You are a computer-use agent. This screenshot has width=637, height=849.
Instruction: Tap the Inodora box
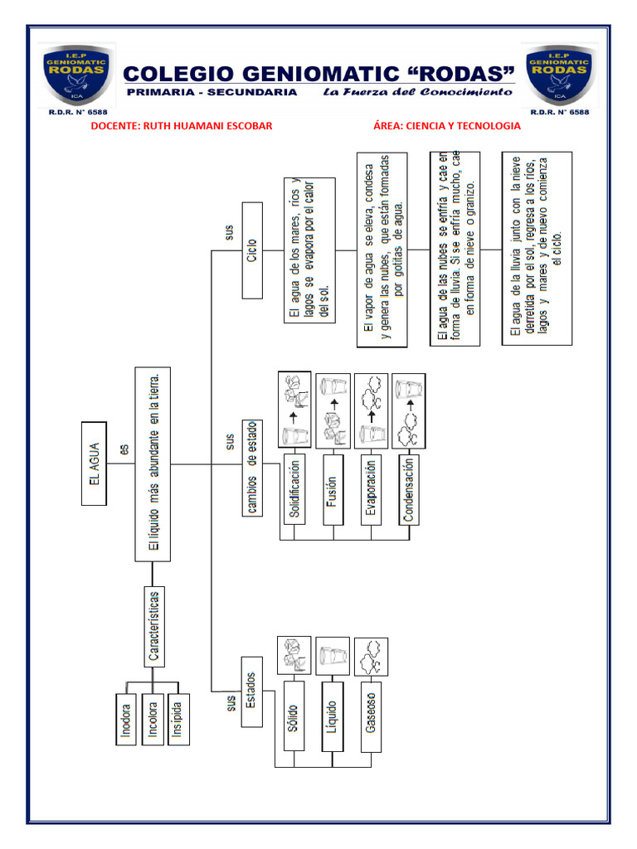(126, 718)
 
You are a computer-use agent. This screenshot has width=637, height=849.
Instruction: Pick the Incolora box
(153, 718)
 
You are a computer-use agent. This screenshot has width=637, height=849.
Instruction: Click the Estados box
(254, 691)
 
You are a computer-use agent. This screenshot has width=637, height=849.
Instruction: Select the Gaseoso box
(370, 716)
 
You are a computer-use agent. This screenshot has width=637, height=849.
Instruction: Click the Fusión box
(333, 488)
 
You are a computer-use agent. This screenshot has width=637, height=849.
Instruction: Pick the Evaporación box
(371, 488)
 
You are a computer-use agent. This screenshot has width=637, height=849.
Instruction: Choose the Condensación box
(408, 488)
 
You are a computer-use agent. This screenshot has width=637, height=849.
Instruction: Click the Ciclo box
(252, 249)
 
